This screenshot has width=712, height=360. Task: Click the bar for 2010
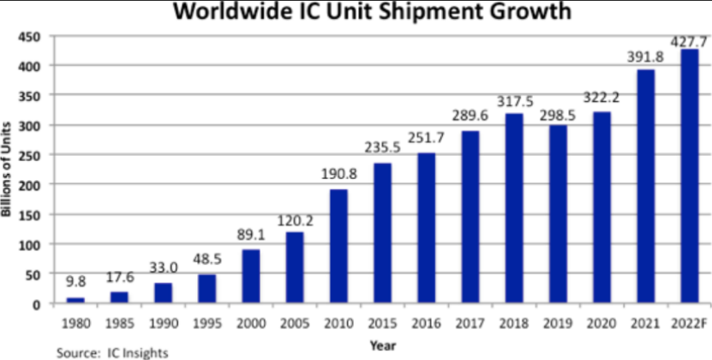[338, 246]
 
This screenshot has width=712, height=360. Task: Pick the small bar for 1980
[75, 300]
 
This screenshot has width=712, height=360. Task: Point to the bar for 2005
[294, 267]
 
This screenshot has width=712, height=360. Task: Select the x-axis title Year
[382, 345]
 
